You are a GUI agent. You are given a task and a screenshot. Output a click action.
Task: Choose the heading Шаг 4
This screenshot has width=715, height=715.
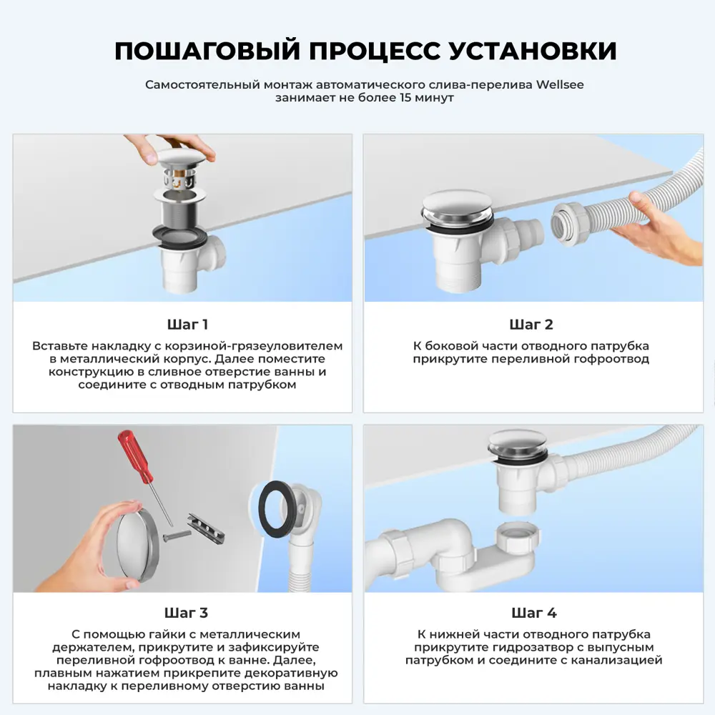click(533, 613)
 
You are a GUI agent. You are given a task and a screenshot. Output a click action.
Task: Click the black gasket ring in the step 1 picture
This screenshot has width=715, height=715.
click(179, 236)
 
